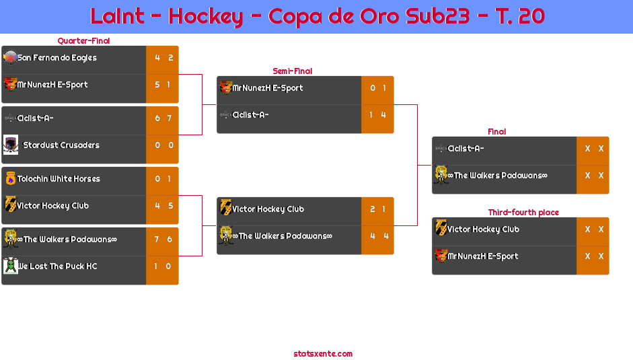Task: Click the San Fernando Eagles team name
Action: click(57, 58)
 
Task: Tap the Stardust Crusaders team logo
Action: click(10, 145)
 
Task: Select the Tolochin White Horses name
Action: click(59, 179)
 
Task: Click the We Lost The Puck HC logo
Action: click(10, 266)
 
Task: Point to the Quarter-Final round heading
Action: click(82, 41)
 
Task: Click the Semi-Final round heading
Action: click(291, 71)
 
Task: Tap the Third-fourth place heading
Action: click(523, 213)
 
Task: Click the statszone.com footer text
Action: click(323, 354)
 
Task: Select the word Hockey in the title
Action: click(205, 16)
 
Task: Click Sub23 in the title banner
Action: click(437, 16)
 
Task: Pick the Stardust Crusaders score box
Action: click(162, 145)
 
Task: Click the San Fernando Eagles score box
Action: click(162, 58)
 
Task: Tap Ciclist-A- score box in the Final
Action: click(593, 149)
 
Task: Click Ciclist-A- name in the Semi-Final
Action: click(250, 115)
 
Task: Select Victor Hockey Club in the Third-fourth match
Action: click(483, 229)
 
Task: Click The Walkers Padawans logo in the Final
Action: click(441, 175)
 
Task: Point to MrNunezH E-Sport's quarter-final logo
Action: click(10, 84)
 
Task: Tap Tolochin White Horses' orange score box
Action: click(162, 179)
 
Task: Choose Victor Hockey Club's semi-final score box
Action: click(377, 209)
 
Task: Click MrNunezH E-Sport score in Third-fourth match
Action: click(593, 256)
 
